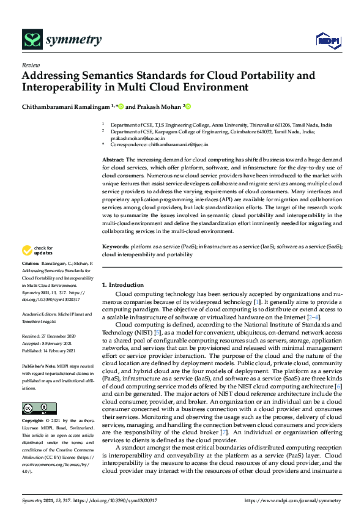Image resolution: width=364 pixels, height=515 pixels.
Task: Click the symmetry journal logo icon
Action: click(x=31, y=40)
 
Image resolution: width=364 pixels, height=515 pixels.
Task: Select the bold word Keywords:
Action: click(x=116, y=246)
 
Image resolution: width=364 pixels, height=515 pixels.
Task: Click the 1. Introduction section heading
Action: click(x=122, y=285)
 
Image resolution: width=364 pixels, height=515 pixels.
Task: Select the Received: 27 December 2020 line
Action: click(x=49, y=336)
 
